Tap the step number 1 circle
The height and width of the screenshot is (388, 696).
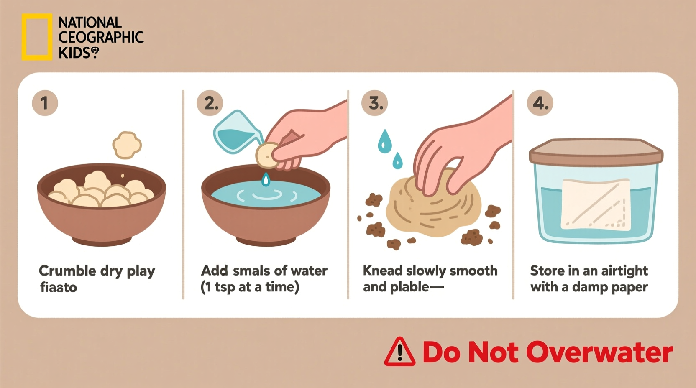tap(45, 103)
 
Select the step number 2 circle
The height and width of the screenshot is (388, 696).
tap(210, 103)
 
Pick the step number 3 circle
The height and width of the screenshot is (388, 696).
tap(375, 103)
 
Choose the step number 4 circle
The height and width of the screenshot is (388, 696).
tap(540, 103)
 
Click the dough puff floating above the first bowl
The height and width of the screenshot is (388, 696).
tap(127, 145)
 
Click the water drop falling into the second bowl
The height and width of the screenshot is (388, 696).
tap(266, 180)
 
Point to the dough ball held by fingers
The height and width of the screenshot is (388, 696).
tap(265, 155)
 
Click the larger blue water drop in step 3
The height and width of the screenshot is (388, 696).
tap(384, 141)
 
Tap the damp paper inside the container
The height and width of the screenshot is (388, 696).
tap(596, 205)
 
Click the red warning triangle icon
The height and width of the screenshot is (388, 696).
tap(399, 352)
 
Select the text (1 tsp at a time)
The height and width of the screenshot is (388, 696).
tap(250, 287)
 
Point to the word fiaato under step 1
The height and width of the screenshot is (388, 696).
tap(59, 287)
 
